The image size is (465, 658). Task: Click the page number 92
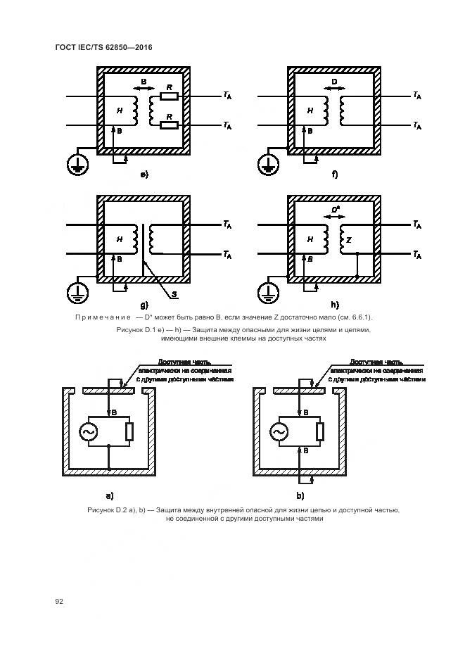click(59, 601)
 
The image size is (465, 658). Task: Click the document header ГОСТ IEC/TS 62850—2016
click(103, 47)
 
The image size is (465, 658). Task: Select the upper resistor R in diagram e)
click(169, 96)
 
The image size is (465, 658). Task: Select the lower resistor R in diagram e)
click(169, 126)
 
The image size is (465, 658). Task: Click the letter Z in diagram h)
click(348, 240)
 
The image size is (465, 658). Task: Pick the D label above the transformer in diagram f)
click(334, 83)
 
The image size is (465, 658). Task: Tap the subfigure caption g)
click(144, 305)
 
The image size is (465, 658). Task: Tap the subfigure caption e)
click(144, 175)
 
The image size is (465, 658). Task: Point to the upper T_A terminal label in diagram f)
click(417, 96)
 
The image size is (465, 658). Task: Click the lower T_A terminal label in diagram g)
click(227, 254)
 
